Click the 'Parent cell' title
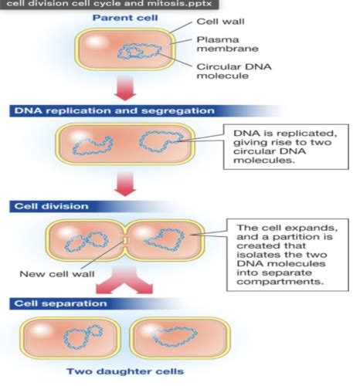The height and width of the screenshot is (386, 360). [x=125, y=18]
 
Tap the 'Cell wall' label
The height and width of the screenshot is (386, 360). [x=220, y=22]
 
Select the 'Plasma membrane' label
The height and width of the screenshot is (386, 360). [x=227, y=44]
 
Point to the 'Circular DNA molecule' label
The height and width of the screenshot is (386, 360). [x=234, y=71]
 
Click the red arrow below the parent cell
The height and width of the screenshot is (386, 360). [x=125, y=88]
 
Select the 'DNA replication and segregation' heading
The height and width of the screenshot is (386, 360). [x=114, y=111]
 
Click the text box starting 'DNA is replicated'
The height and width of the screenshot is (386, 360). [x=286, y=147]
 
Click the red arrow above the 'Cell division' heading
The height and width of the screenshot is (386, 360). [x=125, y=184]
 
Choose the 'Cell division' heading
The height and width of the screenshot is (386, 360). [x=51, y=206]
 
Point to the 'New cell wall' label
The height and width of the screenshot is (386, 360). [x=57, y=274]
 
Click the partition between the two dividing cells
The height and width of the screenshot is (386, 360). [x=125, y=240]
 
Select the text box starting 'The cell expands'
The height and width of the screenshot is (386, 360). [x=287, y=255]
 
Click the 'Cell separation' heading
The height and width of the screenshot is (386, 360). [x=60, y=303]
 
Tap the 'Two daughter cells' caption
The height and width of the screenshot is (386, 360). [x=125, y=371]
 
